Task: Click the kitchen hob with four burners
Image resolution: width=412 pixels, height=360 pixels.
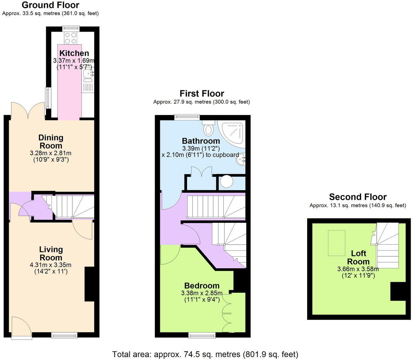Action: [70, 38]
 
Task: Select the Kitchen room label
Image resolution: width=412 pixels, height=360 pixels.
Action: [74, 53]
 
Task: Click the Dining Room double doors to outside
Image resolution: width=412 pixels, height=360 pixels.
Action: [28, 111]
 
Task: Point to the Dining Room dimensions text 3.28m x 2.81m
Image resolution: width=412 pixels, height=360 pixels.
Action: [51, 153]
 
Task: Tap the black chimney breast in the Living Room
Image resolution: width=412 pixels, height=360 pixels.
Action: [89, 284]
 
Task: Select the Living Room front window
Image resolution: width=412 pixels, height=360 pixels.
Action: [64, 335]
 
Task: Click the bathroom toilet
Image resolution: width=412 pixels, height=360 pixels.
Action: [208, 128]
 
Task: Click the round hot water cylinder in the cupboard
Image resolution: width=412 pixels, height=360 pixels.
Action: [226, 182]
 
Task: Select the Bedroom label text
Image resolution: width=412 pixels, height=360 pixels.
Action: [202, 286]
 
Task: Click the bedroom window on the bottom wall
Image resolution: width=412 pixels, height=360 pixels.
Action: [202, 335]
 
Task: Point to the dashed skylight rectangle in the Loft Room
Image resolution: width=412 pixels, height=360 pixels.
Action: [336, 243]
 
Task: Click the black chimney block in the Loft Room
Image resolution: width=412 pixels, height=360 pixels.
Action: [398, 291]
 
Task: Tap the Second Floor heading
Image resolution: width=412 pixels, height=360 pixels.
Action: [358, 197]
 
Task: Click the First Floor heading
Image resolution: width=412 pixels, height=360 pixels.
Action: [202, 94]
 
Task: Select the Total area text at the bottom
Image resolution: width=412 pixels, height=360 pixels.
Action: [205, 354]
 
